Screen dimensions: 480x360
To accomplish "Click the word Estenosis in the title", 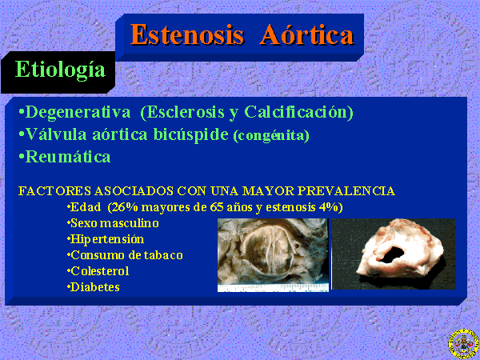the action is pos(187,34).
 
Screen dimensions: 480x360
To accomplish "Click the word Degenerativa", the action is pos(78,113).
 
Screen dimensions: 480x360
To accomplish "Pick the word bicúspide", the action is pos(190,134).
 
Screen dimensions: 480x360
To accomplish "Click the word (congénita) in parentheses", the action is pos(271,136).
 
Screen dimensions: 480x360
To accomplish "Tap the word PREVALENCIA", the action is pos(346,191).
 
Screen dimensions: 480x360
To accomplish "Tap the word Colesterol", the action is pos(99,271).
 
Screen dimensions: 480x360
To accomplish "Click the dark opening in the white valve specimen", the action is pos(391,255).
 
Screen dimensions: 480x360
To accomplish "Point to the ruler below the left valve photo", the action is pos(273,288).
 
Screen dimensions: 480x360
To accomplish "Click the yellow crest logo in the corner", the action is pos(464,345).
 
